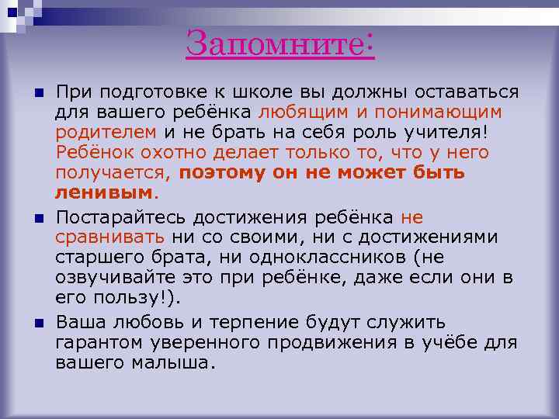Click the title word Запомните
(x=274, y=44)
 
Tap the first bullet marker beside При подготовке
(x=39, y=92)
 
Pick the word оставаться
(x=467, y=92)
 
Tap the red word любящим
(x=304, y=113)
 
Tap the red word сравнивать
(x=109, y=237)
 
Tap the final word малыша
(x=175, y=362)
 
